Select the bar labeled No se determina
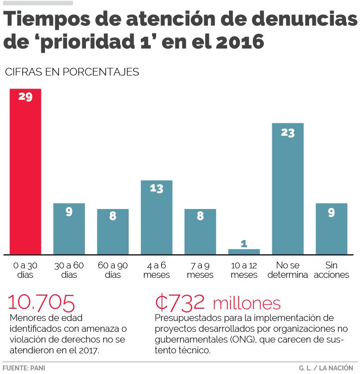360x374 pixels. click(x=288, y=189)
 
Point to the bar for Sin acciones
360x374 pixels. click(x=331, y=229)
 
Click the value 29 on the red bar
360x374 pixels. click(x=25, y=96)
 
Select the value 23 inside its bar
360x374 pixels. click(x=288, y=133)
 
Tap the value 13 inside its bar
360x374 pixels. click(x=156, y=189)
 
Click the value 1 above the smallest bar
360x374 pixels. click(x=244, y=244)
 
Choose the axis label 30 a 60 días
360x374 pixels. click(x=69, y=270)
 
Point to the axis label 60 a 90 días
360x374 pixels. click(x=112, y=270)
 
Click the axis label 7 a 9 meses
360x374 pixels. click(x=200, y=270)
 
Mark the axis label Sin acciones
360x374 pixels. click(x=331, y=270)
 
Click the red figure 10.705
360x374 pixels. click(x=41, y=303)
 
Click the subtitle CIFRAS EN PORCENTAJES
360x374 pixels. click(x=72, y=72)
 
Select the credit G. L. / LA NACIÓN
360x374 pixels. click(x=325, y=368)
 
